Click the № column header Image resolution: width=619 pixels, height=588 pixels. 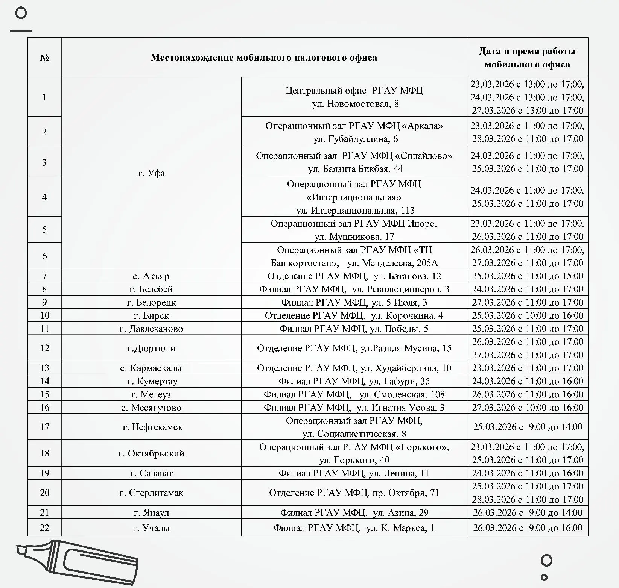pos(44,58)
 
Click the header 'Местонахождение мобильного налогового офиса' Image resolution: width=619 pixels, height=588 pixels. pos(264,58)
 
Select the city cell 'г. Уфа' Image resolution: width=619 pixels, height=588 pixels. pos(151,173)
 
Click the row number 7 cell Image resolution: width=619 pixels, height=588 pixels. pos(44,276)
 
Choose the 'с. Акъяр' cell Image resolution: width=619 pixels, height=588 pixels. pos(151,276)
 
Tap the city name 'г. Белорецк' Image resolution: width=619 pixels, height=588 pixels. pos(151,302)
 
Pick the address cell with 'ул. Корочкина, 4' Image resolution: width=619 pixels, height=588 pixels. pos(354,315)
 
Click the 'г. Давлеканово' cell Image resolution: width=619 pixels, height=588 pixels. pos(151,329)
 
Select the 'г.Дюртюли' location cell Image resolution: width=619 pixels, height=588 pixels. pos(151,348)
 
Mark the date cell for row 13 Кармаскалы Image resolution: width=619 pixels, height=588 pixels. pos(527,368)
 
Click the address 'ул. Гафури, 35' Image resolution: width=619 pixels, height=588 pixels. pos(354,381)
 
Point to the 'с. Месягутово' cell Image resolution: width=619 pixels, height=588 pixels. pos(151,408)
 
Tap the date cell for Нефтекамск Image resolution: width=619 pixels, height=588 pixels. pos(527,427)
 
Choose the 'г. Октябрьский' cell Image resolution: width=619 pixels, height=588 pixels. pos(151,453)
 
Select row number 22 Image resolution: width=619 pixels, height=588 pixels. pos(44,528)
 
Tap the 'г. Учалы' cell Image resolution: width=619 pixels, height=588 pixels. pos(151,528)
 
